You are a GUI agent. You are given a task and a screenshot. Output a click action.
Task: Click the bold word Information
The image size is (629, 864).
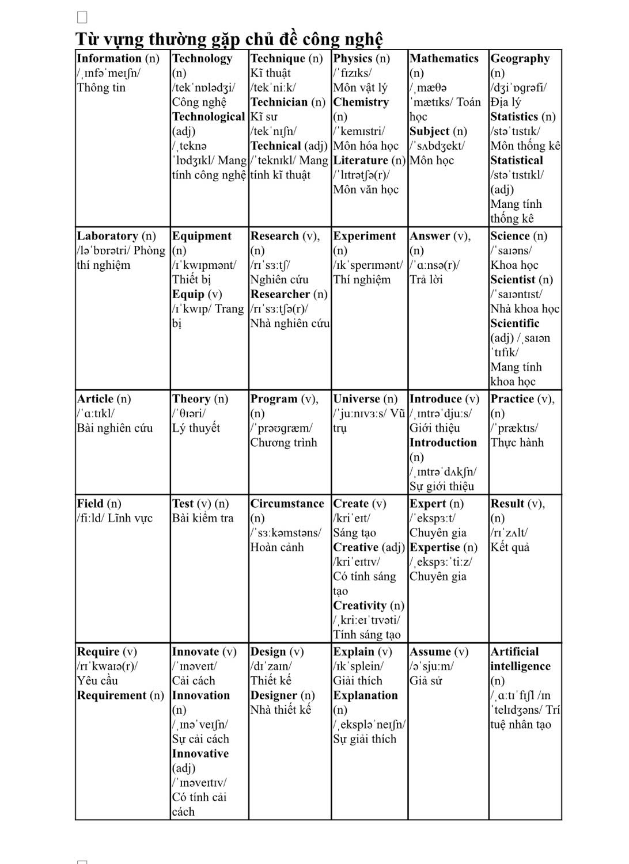(109, 58)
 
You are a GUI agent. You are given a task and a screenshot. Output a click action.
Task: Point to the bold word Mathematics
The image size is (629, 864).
(444, 58)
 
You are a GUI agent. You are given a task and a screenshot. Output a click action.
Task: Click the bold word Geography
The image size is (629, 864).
(520, 58)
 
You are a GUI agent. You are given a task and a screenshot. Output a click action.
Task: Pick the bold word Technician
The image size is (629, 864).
(279, 102)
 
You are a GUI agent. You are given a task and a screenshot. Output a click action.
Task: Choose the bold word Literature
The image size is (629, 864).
(361, 161)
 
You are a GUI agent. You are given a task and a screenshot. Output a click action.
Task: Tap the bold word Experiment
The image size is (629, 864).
(364, 236)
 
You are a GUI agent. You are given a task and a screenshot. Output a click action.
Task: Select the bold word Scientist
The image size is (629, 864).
(513, 280)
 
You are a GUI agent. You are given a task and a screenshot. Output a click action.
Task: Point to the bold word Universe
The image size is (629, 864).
(357, 399)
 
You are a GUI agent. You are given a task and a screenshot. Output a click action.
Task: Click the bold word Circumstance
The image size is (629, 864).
(287, 504)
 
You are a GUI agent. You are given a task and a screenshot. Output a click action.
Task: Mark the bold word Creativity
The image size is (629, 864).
(359, 606)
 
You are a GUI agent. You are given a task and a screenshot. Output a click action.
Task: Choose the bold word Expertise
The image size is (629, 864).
(435, 547)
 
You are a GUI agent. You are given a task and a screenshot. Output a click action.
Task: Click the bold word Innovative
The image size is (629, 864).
(200, 753)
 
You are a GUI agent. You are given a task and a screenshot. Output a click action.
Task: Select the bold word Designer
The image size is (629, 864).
(274, 695)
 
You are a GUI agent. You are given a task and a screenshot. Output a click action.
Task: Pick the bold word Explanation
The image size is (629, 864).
(365, 695)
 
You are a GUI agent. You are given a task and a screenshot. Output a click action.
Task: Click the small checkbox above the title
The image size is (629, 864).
(82, 17)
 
